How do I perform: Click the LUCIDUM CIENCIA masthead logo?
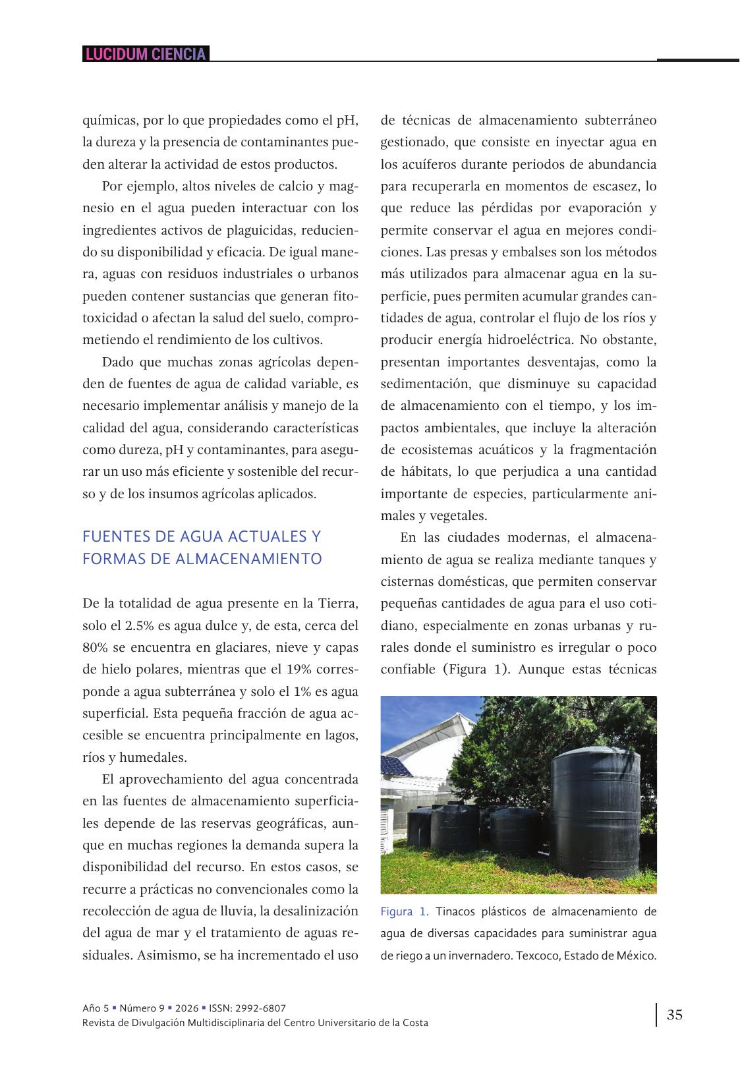tap(146, 54)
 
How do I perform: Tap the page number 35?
tap(674, 1015)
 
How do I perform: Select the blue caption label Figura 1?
tap(405, 912)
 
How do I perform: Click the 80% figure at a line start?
tap(94, 647)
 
